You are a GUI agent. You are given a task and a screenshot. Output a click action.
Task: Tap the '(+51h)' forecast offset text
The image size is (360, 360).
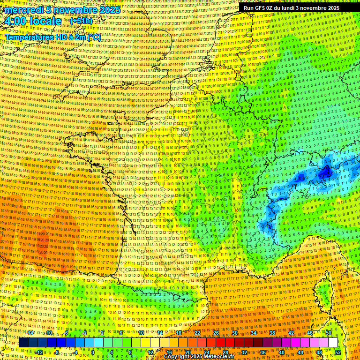pos(81,21)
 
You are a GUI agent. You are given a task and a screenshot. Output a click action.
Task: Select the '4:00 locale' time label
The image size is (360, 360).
pos(33,21)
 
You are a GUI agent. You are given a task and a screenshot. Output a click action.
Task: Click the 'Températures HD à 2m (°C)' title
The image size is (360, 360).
pos(52,37)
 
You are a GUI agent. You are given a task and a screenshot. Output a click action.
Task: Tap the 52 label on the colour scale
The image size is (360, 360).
pos(338,352)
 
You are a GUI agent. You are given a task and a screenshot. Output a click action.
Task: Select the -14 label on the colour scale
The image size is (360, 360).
pos(30,332)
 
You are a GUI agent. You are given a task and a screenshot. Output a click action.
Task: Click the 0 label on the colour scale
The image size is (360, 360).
pos(93,352)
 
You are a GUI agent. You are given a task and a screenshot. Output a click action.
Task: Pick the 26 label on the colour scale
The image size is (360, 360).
pos(216,332)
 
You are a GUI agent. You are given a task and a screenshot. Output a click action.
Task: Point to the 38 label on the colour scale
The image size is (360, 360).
pos(272,332)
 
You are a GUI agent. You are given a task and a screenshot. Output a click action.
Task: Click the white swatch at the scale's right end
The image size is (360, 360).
pos(333,343)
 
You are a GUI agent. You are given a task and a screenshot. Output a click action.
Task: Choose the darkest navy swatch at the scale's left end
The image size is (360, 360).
pos(24,343)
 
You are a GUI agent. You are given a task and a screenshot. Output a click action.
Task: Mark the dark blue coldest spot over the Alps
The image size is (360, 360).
pos(324,173)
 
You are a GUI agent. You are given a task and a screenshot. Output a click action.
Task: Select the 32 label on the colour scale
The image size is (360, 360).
pos(244,352)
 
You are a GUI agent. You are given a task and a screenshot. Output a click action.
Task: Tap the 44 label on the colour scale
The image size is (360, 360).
pos(300,352)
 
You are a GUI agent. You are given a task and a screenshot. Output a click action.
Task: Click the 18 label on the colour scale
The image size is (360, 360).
pos(179,332)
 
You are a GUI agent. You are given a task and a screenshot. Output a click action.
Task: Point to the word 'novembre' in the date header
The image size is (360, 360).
pos(72,10)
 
